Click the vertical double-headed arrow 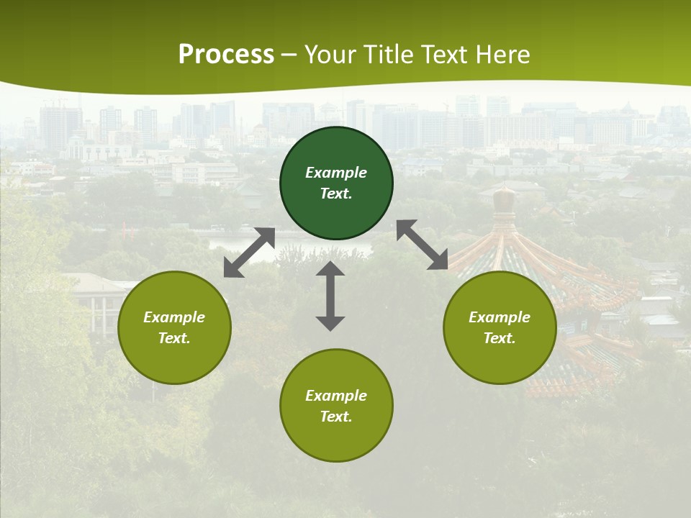pos(330,296)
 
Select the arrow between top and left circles pos(249,252)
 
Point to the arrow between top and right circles pos(423,245)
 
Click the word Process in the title pos(226,54)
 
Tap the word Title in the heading pos(389,54)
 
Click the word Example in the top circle pos(336,173)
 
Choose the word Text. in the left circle pos(174,338)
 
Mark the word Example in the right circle pos(500,317)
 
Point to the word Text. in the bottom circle pos(336,417)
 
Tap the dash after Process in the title pos(289,55)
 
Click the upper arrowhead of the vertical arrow pos(330,269)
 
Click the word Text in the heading pos(445,54)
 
